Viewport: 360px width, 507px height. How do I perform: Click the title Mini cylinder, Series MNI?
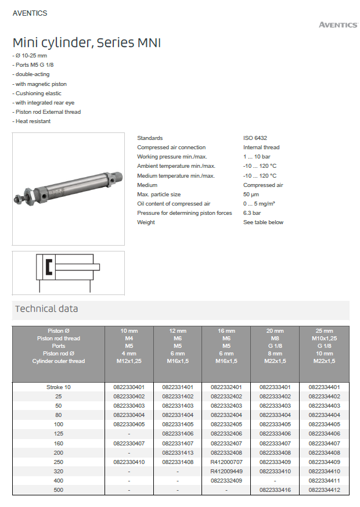pyautogui.click(x=87, y=43)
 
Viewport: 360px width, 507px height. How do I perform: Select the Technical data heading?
pyautogui.click(x=46, y=309)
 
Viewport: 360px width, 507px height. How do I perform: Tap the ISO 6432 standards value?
pyautogui.click(x=255, y=138)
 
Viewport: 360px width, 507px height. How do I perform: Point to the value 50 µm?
pyautogui.click(x=251, y=195)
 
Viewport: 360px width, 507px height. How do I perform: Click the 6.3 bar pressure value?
pyautogui.click(x=253, y=213)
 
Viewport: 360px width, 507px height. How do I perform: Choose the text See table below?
pyautogui.click(x=263, y=222)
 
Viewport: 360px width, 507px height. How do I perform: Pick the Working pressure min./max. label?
pyautogui.click(x=172, y=157)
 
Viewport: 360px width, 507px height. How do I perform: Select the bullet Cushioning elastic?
pyautogui.click(x=38, y=94)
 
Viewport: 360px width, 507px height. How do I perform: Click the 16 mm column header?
pyautogui.click(x=226, y=331)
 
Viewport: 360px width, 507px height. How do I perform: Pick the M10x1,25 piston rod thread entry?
pyautogui.click(x=324, y=339)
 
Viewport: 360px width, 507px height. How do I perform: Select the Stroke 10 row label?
pyautogui.click(x=59, y=387)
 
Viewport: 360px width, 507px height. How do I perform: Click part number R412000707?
pyautogui.click(x=226, y=462)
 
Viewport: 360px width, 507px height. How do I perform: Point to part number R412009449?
pyautogui.click(x=226, y=471)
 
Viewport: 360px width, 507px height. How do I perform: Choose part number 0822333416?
pyautogui.click(x=275, y=490)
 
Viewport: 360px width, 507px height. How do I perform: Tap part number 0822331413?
pyautogui.click(x=177, y=452)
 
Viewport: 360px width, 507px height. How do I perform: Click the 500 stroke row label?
pyautogui.click(x=59, y=490)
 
